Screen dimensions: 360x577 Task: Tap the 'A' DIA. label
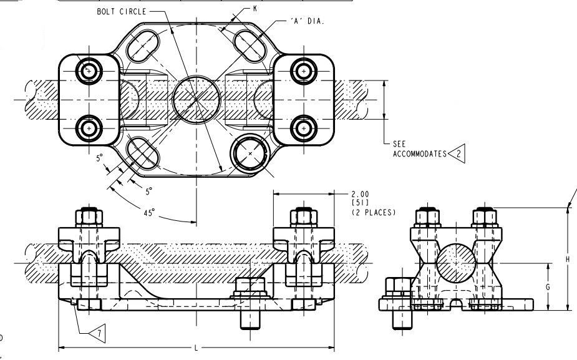pyautogui.click(x=302, y=21)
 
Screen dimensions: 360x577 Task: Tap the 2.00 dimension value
pyautogui.click(x=360, y=194)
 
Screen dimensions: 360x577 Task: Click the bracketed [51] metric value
pyautogui.click(x=360, y=203)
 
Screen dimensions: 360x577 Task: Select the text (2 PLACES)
pyautogui.click(x=373, y=212)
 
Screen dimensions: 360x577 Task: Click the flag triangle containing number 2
pyautogui.click(x=457, y=152)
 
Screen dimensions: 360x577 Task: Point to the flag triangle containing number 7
pyautogui.click(x=97, y=334)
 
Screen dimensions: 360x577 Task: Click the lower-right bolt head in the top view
pyautogui.click(x=303, y=129)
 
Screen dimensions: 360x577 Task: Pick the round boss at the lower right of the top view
pyautogui.click(x=250, y=152)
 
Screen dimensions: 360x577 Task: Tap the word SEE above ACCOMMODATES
pyautogui.click(x=400, y=143)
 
